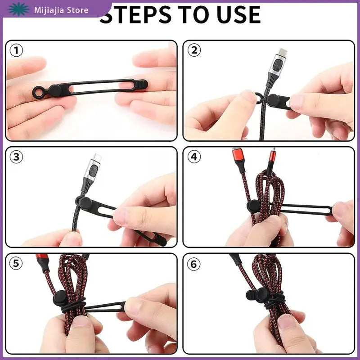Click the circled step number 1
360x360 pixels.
pyautogui.click(x=16, y=50)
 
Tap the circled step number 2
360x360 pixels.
pyautogui.click(x=194, y=50)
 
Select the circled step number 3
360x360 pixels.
pyautogui.click(x=16, y=157)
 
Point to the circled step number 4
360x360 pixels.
pyautogui.click(x=194, y=157)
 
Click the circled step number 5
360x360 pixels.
pyautogui.click(x=16, y=263)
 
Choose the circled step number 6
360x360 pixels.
pyautogui.click(x=194, y=264)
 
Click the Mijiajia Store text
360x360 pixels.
pyautogui.click(x=61, y=10)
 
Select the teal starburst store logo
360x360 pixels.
pyautogui.click(x=18, y=9)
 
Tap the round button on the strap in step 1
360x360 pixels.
pyautogui.click(x=55, y=91)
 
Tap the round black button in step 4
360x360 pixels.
pyautogui.click(x=253, y=207)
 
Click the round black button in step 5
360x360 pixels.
pyautogui.click(x=60, y=297)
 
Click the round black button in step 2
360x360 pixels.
pyautogui.click(x=274, y=100)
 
